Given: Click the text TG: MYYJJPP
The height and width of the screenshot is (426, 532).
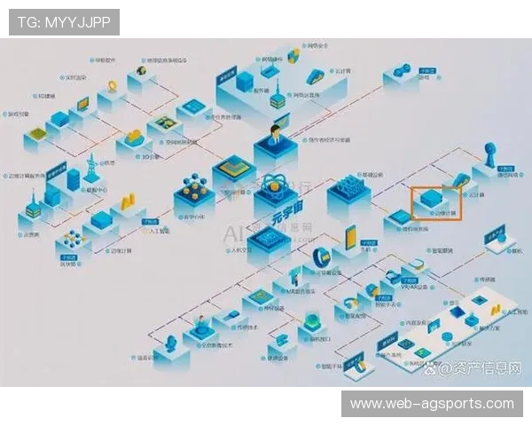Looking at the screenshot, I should click(x=62, y=22).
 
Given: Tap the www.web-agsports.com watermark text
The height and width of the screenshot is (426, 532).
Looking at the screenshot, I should click(x=432, y=404).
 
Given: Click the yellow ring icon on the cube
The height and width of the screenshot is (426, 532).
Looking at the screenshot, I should click(x=113, y=85).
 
